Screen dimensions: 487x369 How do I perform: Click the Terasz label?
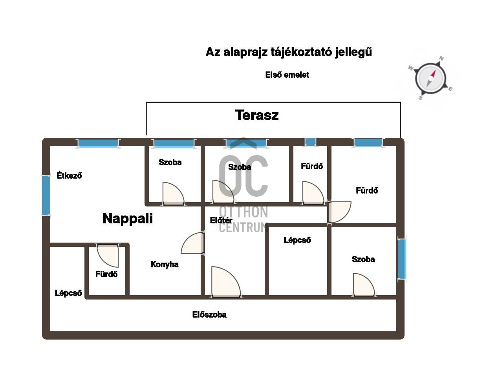click(257, 115)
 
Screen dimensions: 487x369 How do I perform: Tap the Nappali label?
click(128, 219)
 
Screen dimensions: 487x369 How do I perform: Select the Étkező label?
click(69, 175)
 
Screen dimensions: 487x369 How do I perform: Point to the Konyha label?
click(165, 264)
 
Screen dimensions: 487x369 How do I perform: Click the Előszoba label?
click(209, 314)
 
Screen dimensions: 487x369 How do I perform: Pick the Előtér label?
click(221, 220)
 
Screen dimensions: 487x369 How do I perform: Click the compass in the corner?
click(430, 78)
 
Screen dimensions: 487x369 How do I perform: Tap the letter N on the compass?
click(441, 58)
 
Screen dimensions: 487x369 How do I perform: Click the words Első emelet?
click(287, 75)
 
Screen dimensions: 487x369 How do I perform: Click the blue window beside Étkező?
click(46, 195)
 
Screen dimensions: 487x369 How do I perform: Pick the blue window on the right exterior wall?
click(402, 259)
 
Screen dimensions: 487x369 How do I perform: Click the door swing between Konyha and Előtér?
click(192, 243)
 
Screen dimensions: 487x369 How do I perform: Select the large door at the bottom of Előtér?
click(226, 281)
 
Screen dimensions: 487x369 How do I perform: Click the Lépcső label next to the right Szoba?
click(297, 240)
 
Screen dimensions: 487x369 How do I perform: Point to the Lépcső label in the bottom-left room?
click(68, 293)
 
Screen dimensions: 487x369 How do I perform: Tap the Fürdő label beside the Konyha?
click(106, 274)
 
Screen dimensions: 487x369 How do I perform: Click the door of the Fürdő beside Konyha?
click(108, 256)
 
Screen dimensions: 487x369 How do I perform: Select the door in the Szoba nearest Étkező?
click(173, 193)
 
